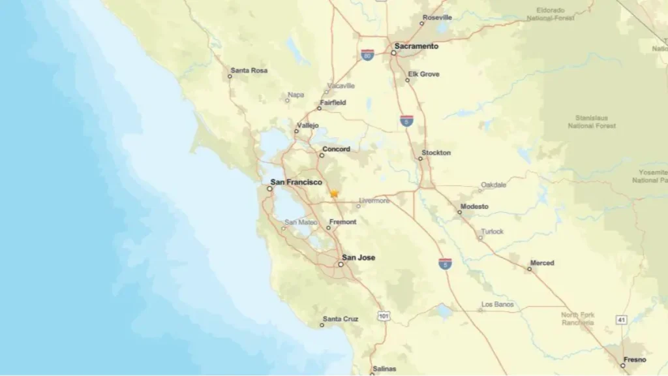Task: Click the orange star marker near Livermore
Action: [334, 193]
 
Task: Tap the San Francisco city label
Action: [296, 182]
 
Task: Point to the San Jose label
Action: [359, 257]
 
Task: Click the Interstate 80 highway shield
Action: [367, 55]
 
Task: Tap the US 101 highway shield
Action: [384, 316]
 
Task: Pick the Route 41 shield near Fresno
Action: [621, 319]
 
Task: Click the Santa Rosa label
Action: [249, 70]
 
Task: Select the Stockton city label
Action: [436, 153]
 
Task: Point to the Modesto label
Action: [474, 206]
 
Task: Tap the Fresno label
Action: [635, 360]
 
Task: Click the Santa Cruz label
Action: [341, 319]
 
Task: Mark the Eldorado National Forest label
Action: [555, 14]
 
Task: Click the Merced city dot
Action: [530, 269]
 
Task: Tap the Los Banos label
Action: [497, 304]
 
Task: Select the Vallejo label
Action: [308, 125]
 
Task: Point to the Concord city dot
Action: [322, 155]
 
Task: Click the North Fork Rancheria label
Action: [578, 319]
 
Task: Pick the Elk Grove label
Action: [423, 74]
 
